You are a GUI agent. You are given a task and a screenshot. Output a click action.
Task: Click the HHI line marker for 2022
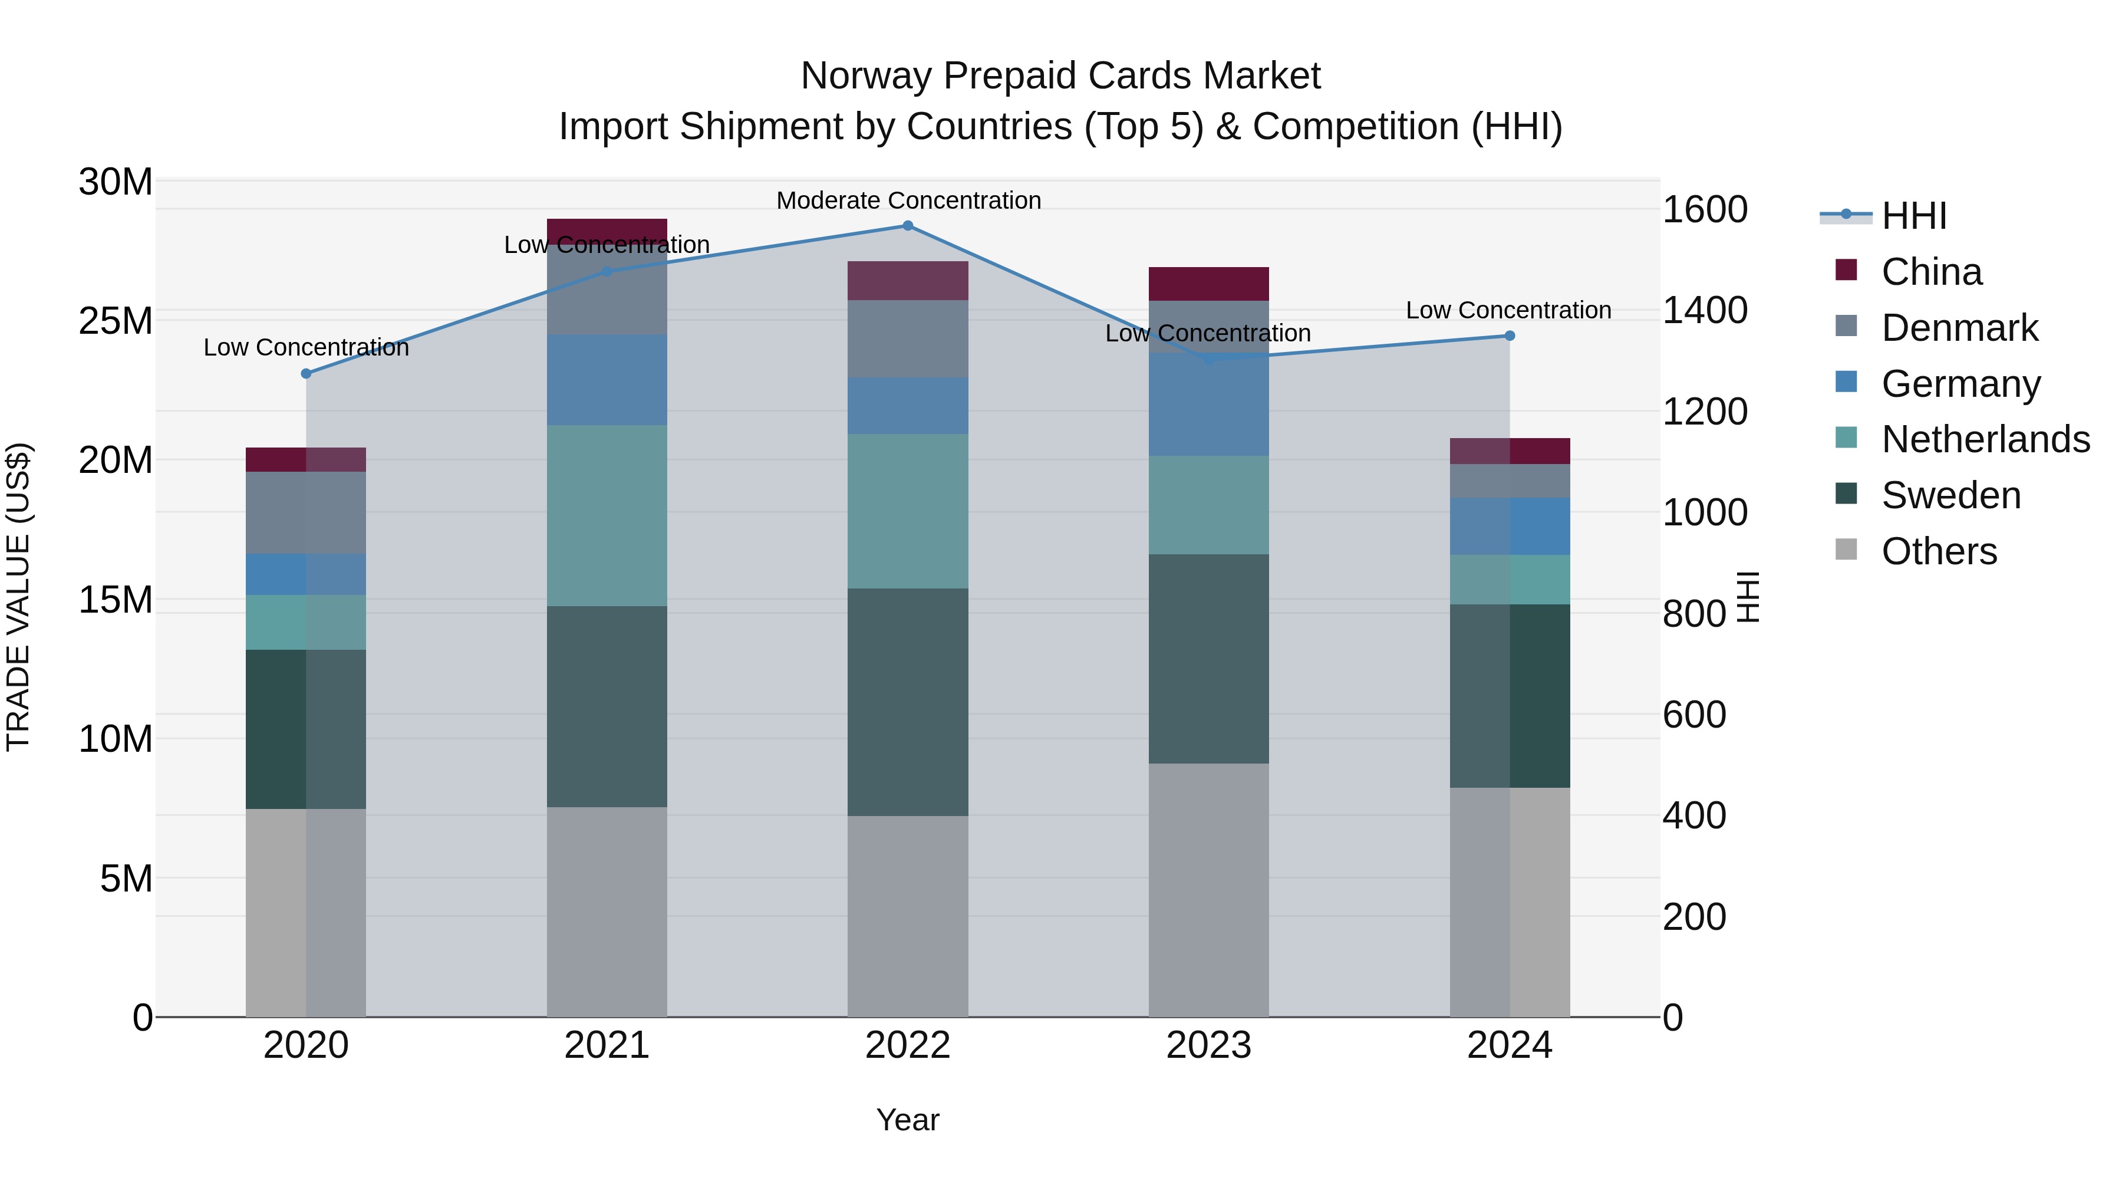[908, 226]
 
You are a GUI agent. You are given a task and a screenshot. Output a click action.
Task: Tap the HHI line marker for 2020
[307, 373]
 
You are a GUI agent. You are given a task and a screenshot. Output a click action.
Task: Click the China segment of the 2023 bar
[1208, 284]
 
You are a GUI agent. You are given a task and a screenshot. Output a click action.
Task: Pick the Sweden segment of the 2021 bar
[607, 706]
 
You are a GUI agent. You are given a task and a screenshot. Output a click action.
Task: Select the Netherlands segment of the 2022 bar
[908, 511]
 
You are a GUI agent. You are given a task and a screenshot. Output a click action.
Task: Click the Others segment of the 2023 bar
[1208, 890]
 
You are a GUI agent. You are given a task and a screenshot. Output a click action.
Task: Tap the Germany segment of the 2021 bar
[607, 380]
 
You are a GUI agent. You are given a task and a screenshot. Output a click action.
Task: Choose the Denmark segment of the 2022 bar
[908, 338]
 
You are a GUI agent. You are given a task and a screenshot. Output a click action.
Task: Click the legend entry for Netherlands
[1985, 439]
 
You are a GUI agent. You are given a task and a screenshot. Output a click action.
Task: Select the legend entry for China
[1931, 272]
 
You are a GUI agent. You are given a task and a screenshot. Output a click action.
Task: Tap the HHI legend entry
[1913, 216]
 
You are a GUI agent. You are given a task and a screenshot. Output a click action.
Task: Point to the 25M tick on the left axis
[116, 321]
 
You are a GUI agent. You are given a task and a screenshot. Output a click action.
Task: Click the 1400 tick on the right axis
[1704, 311]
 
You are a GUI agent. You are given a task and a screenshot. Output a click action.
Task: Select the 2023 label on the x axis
[1208, 1045]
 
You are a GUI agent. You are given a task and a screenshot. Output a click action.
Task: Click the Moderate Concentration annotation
[908, 200]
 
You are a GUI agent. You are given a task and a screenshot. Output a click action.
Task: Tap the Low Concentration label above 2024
[1508, 311]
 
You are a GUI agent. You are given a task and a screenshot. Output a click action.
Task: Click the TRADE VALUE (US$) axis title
[18, 597]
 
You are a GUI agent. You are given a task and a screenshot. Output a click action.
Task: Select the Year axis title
[908, 1120]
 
